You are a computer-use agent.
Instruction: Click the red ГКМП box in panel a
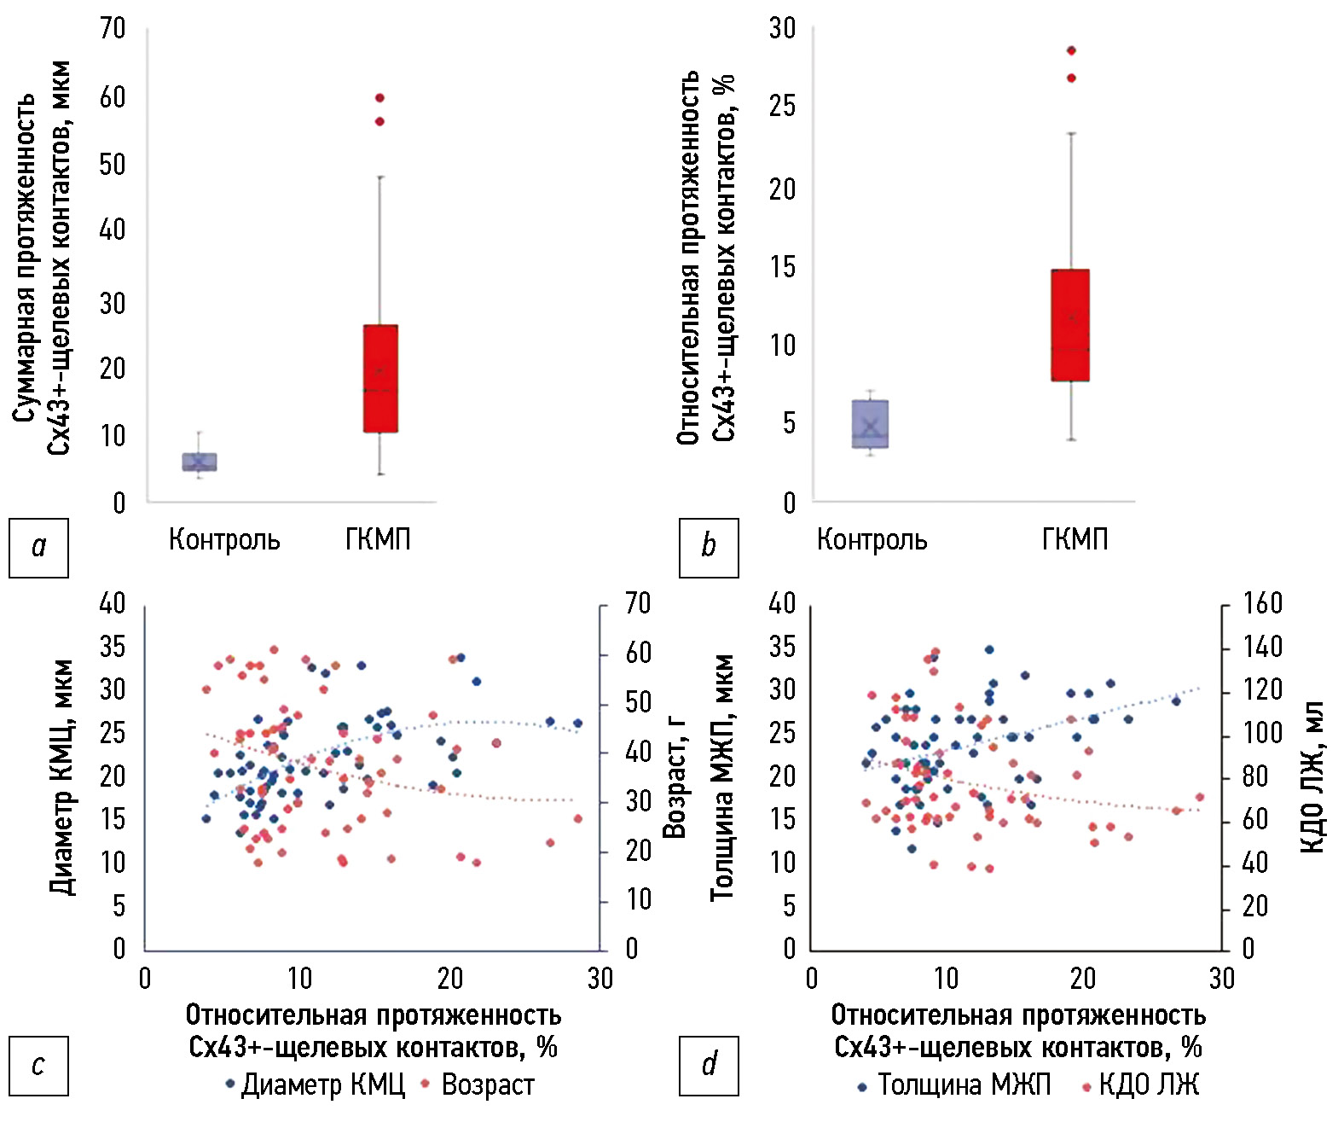[380, 378]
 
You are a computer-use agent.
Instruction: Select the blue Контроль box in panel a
[200, 462]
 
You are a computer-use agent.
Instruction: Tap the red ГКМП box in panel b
[1070, 325]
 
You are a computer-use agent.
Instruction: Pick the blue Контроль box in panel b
[870, 423]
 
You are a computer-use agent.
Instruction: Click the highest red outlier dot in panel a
[379, 98]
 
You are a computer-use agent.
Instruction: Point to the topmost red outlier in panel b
[1071, 50]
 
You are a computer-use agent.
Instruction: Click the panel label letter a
[38, 547]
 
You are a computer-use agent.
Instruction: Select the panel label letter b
[709, 547]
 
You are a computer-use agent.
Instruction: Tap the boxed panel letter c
[38, 1065]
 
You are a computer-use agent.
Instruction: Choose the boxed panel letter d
[709, 1065]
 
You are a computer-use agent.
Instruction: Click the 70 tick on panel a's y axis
[113, 29]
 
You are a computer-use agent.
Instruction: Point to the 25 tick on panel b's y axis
[782, 107]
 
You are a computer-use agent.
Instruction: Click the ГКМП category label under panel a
[378, 540]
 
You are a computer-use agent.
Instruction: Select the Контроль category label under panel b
[872, 540]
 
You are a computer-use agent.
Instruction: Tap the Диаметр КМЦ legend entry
[315, 1084]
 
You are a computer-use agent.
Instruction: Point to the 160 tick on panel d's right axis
[1262, 604]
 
